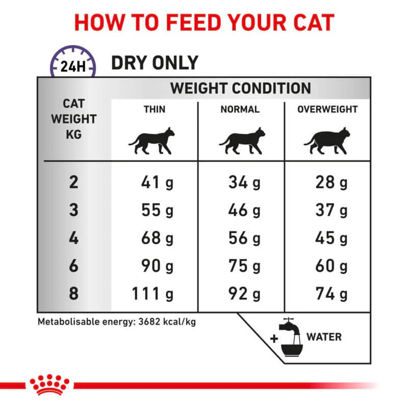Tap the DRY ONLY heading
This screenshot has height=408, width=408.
tap(155, 63)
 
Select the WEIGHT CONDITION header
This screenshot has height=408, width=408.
tap(240, 88)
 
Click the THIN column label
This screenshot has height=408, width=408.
tap(155, 109)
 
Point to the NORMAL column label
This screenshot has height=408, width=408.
tap(240, 109)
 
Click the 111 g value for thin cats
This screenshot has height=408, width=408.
tap(153, 294)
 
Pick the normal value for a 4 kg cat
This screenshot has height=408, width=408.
tap(244, 238)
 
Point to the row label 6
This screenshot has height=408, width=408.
tap(74, 266)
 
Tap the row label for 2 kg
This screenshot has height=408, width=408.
tap(74, 183)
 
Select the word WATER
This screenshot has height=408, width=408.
tap(324, 337)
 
